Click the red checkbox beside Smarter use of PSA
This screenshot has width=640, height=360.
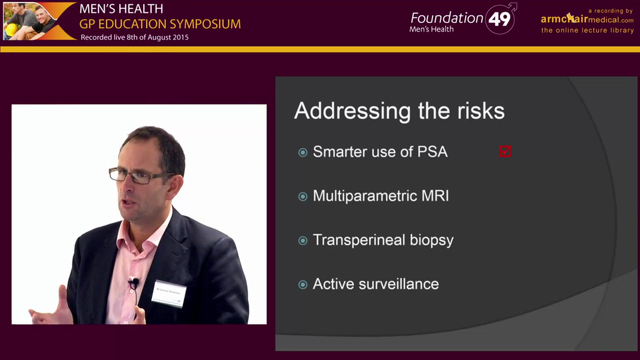(x=505, y=151)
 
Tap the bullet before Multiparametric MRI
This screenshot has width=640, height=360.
(x=302, y=196)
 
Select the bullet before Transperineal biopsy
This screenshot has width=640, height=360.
(x=302, y=240)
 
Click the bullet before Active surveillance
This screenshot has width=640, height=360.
(x=302, y=284)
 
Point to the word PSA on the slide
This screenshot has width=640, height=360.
(x=432, y=152)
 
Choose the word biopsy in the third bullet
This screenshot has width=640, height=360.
(x=431, y=240)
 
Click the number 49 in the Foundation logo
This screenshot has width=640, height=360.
(x=499, y=19)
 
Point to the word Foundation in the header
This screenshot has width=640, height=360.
(x=446, y=18)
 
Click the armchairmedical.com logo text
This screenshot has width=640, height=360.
(x=587, y=20)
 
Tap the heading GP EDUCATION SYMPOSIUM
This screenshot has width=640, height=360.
(x=160, y=23)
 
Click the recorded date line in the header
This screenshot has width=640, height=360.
(x=134, y=37)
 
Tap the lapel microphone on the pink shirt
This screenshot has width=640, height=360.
(x=133, y=283)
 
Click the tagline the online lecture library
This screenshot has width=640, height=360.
(x=587, y=30)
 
